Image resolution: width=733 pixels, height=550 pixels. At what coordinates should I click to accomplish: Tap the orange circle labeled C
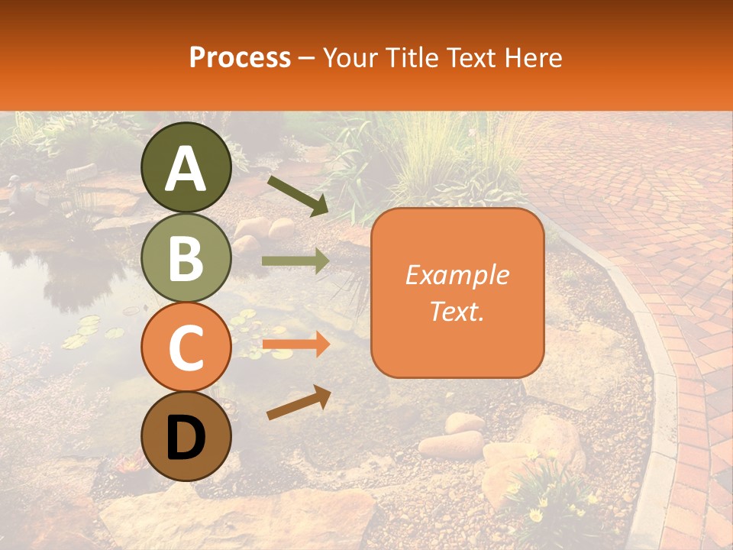[x=186, y=348]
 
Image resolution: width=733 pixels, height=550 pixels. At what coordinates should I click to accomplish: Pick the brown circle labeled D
[x=186, y=437]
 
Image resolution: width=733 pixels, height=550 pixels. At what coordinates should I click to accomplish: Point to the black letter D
[x=186, y=438]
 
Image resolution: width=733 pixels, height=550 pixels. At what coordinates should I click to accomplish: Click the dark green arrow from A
[x=298, y=196]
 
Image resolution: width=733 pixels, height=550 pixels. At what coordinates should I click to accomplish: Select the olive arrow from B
[x=295, y=260]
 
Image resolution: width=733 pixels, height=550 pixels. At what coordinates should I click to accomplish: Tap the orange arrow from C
[x=295, y=345]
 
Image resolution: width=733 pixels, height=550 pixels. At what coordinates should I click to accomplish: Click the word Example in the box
[x=457, y=275]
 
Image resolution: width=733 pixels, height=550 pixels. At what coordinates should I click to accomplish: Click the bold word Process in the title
[x=240, y=57]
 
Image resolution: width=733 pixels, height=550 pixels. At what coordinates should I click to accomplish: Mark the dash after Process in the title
[x=306, y=58]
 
